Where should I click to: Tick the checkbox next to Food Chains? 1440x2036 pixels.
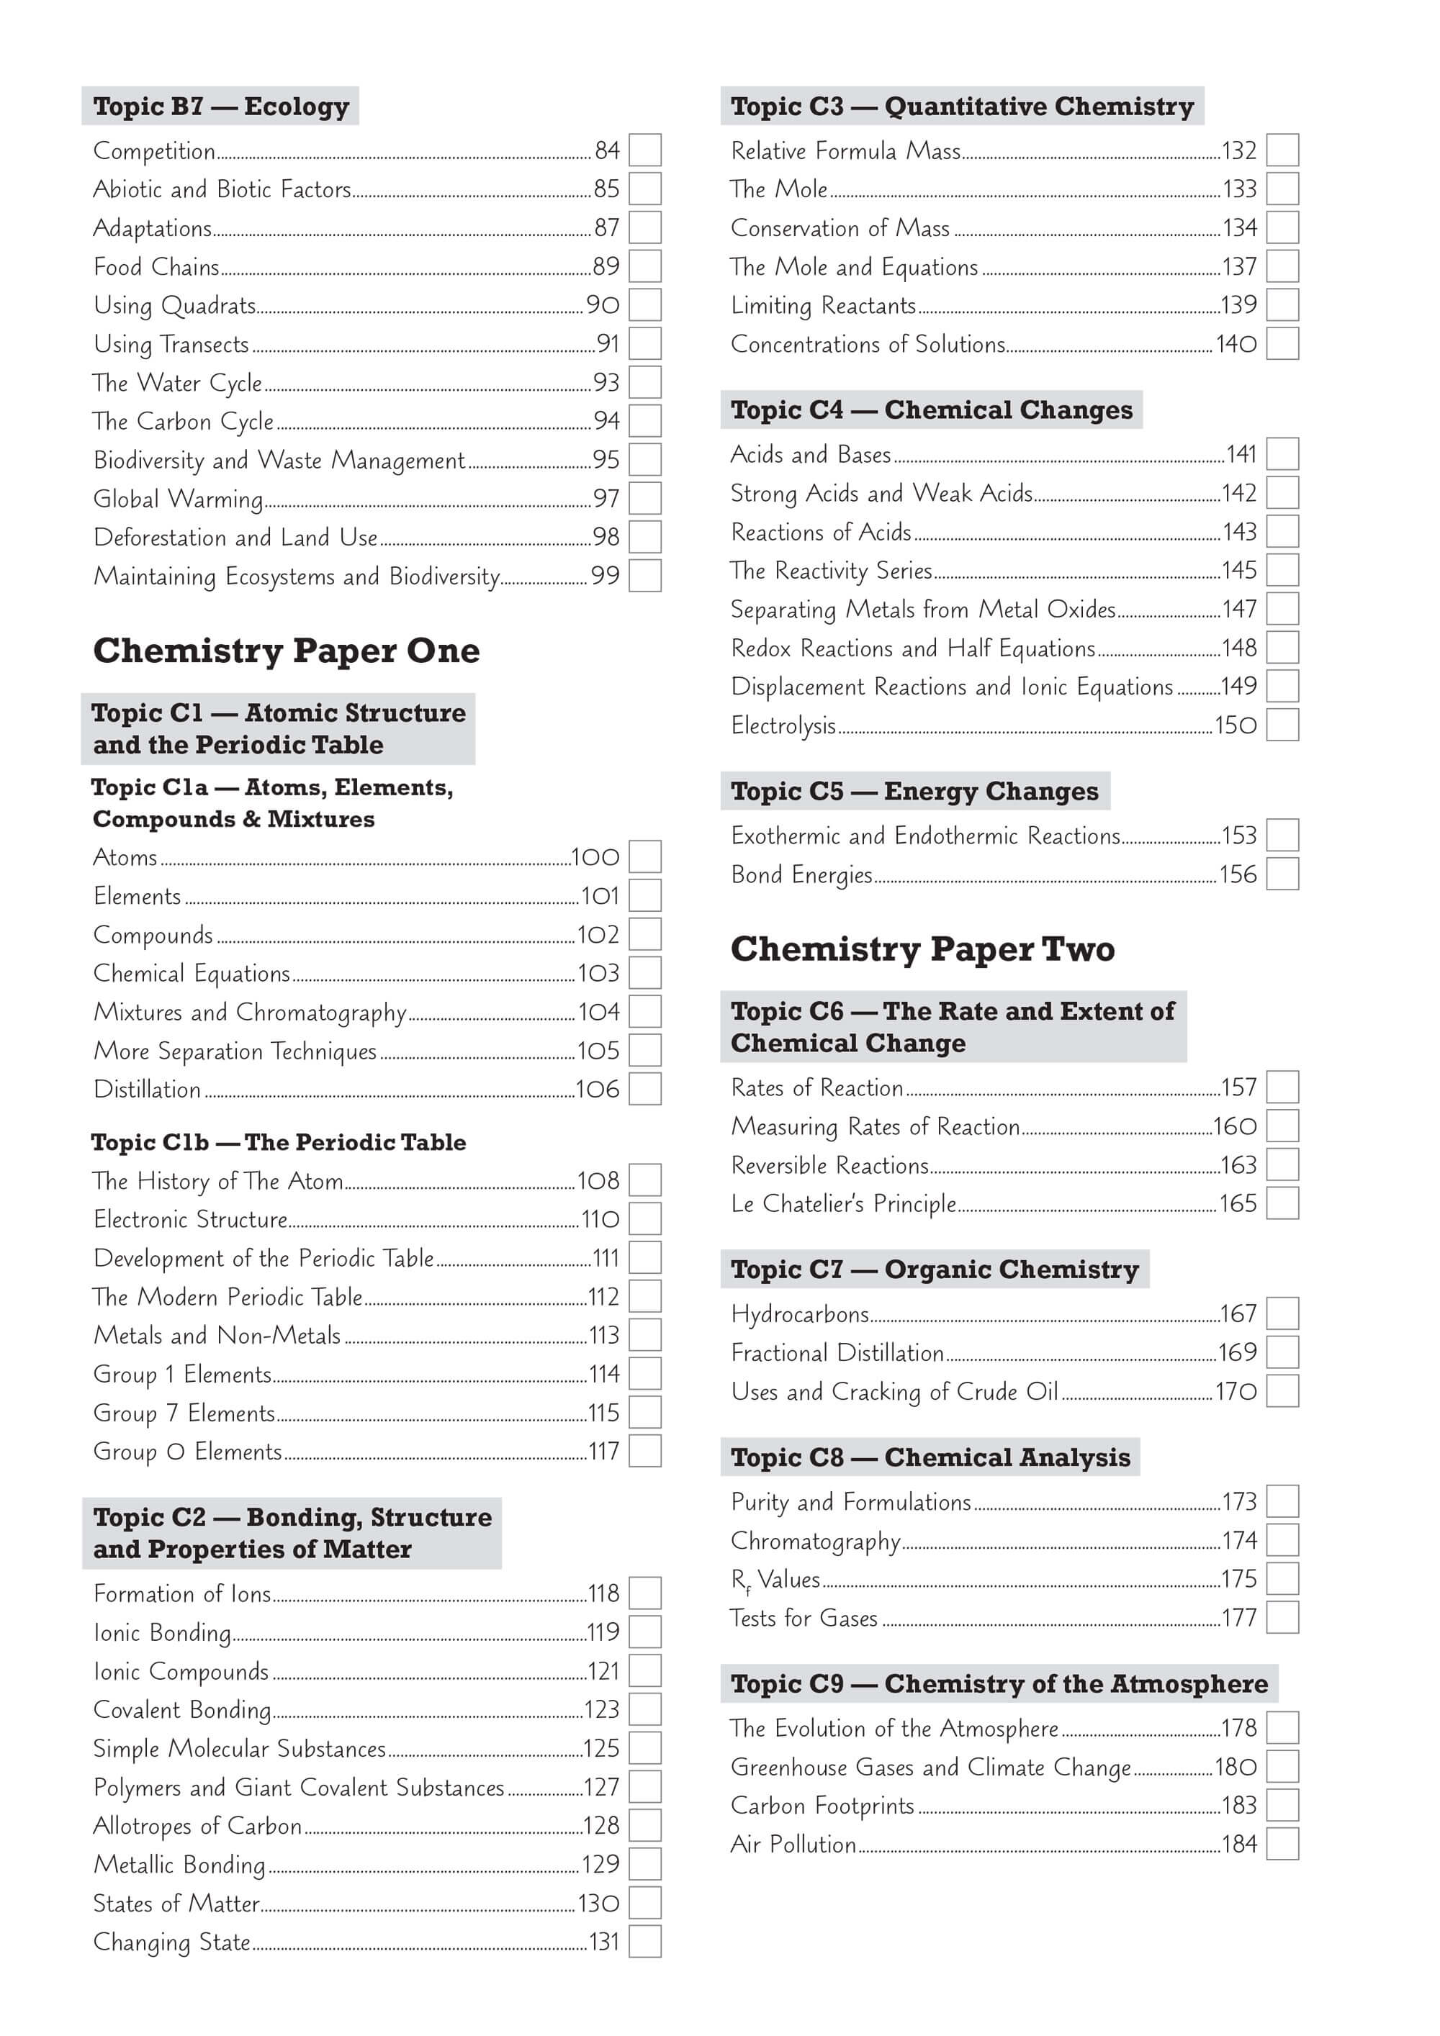pos(645,266)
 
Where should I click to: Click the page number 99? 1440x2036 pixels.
pos(605,576)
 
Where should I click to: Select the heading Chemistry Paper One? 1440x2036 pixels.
pos(286,651)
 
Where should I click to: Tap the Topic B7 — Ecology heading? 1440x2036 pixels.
pos(221,107)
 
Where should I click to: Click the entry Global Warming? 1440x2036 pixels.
pos(179,498)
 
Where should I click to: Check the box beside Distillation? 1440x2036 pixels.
pos(645,1089)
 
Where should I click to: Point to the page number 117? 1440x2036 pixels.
pos(604,1452)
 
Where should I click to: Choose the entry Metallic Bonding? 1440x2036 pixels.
pos(179,1865)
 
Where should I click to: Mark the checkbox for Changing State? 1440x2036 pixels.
pos(645,1942)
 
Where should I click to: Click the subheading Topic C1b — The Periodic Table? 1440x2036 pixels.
pos(279,1142)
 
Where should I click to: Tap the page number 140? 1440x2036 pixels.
pos(1236,344)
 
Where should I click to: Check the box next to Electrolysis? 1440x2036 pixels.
pos(1282,725)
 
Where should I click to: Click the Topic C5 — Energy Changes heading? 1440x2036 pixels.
pos(914,791)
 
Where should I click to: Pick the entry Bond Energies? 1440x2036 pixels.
pos(801,875)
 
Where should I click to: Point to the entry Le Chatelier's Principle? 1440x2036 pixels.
pos(843,1204)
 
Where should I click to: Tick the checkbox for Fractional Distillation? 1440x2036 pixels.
pos(1282,1353)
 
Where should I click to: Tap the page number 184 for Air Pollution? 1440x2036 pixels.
pos(1240,1845)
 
